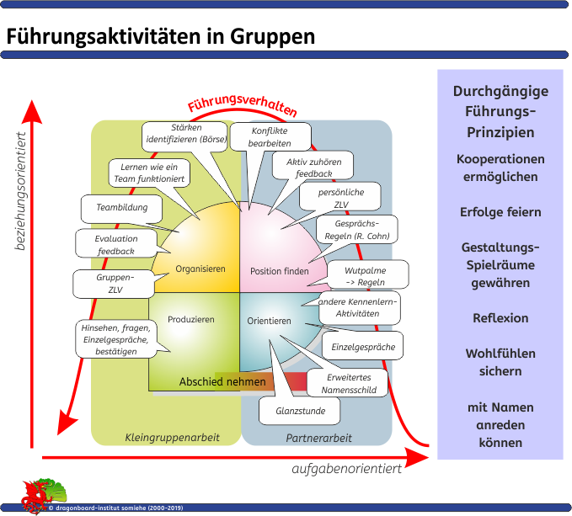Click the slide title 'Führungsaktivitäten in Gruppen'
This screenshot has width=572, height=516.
click(161, 38)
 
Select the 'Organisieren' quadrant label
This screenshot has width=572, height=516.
click(200, 269)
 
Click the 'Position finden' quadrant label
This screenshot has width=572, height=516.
click(280, 271)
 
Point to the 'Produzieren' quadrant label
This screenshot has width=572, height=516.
click(191, 320)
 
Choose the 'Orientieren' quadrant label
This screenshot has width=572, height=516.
click(270, 321)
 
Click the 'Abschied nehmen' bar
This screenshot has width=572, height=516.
click(222, 382)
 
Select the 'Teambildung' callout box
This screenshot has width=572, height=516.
click(122, 208)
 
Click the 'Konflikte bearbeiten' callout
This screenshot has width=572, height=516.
click(270, 137)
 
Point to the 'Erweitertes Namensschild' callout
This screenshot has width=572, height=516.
click(349, 383)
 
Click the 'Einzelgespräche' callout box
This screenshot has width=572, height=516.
click(363, 346)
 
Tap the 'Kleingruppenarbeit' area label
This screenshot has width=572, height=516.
click(172, 438)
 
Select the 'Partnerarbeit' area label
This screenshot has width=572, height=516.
click(318, 438)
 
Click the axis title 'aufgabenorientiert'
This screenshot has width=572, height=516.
click(346, 469)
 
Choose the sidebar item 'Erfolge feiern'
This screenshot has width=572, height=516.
click(500, 212)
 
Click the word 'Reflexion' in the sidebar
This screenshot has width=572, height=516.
click(500, 318)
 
